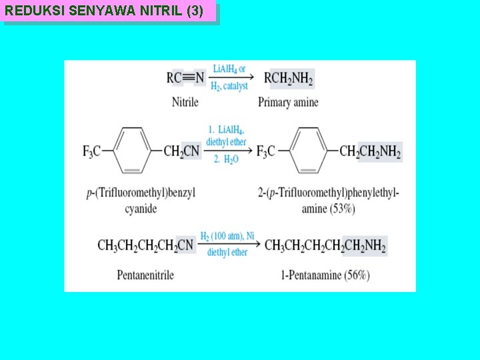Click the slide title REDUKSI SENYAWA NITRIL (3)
[105, 11]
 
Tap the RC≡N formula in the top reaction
[185, 79]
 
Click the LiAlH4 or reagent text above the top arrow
[229, 69]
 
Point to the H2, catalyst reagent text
[229, 86]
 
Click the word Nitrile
[185, 102]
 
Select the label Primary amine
[288, 102]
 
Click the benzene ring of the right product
[309, 151]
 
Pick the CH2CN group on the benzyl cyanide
[182, 152]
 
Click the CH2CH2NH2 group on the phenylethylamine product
[370, 152]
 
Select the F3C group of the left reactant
[91, 152]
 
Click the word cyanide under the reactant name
[141, 209]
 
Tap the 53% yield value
[343, 209]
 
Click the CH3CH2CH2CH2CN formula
[145, 245]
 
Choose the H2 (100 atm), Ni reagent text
[227, 237]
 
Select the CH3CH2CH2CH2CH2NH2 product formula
[325, 245]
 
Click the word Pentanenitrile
[145, 275]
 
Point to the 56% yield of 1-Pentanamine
[357, 275]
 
